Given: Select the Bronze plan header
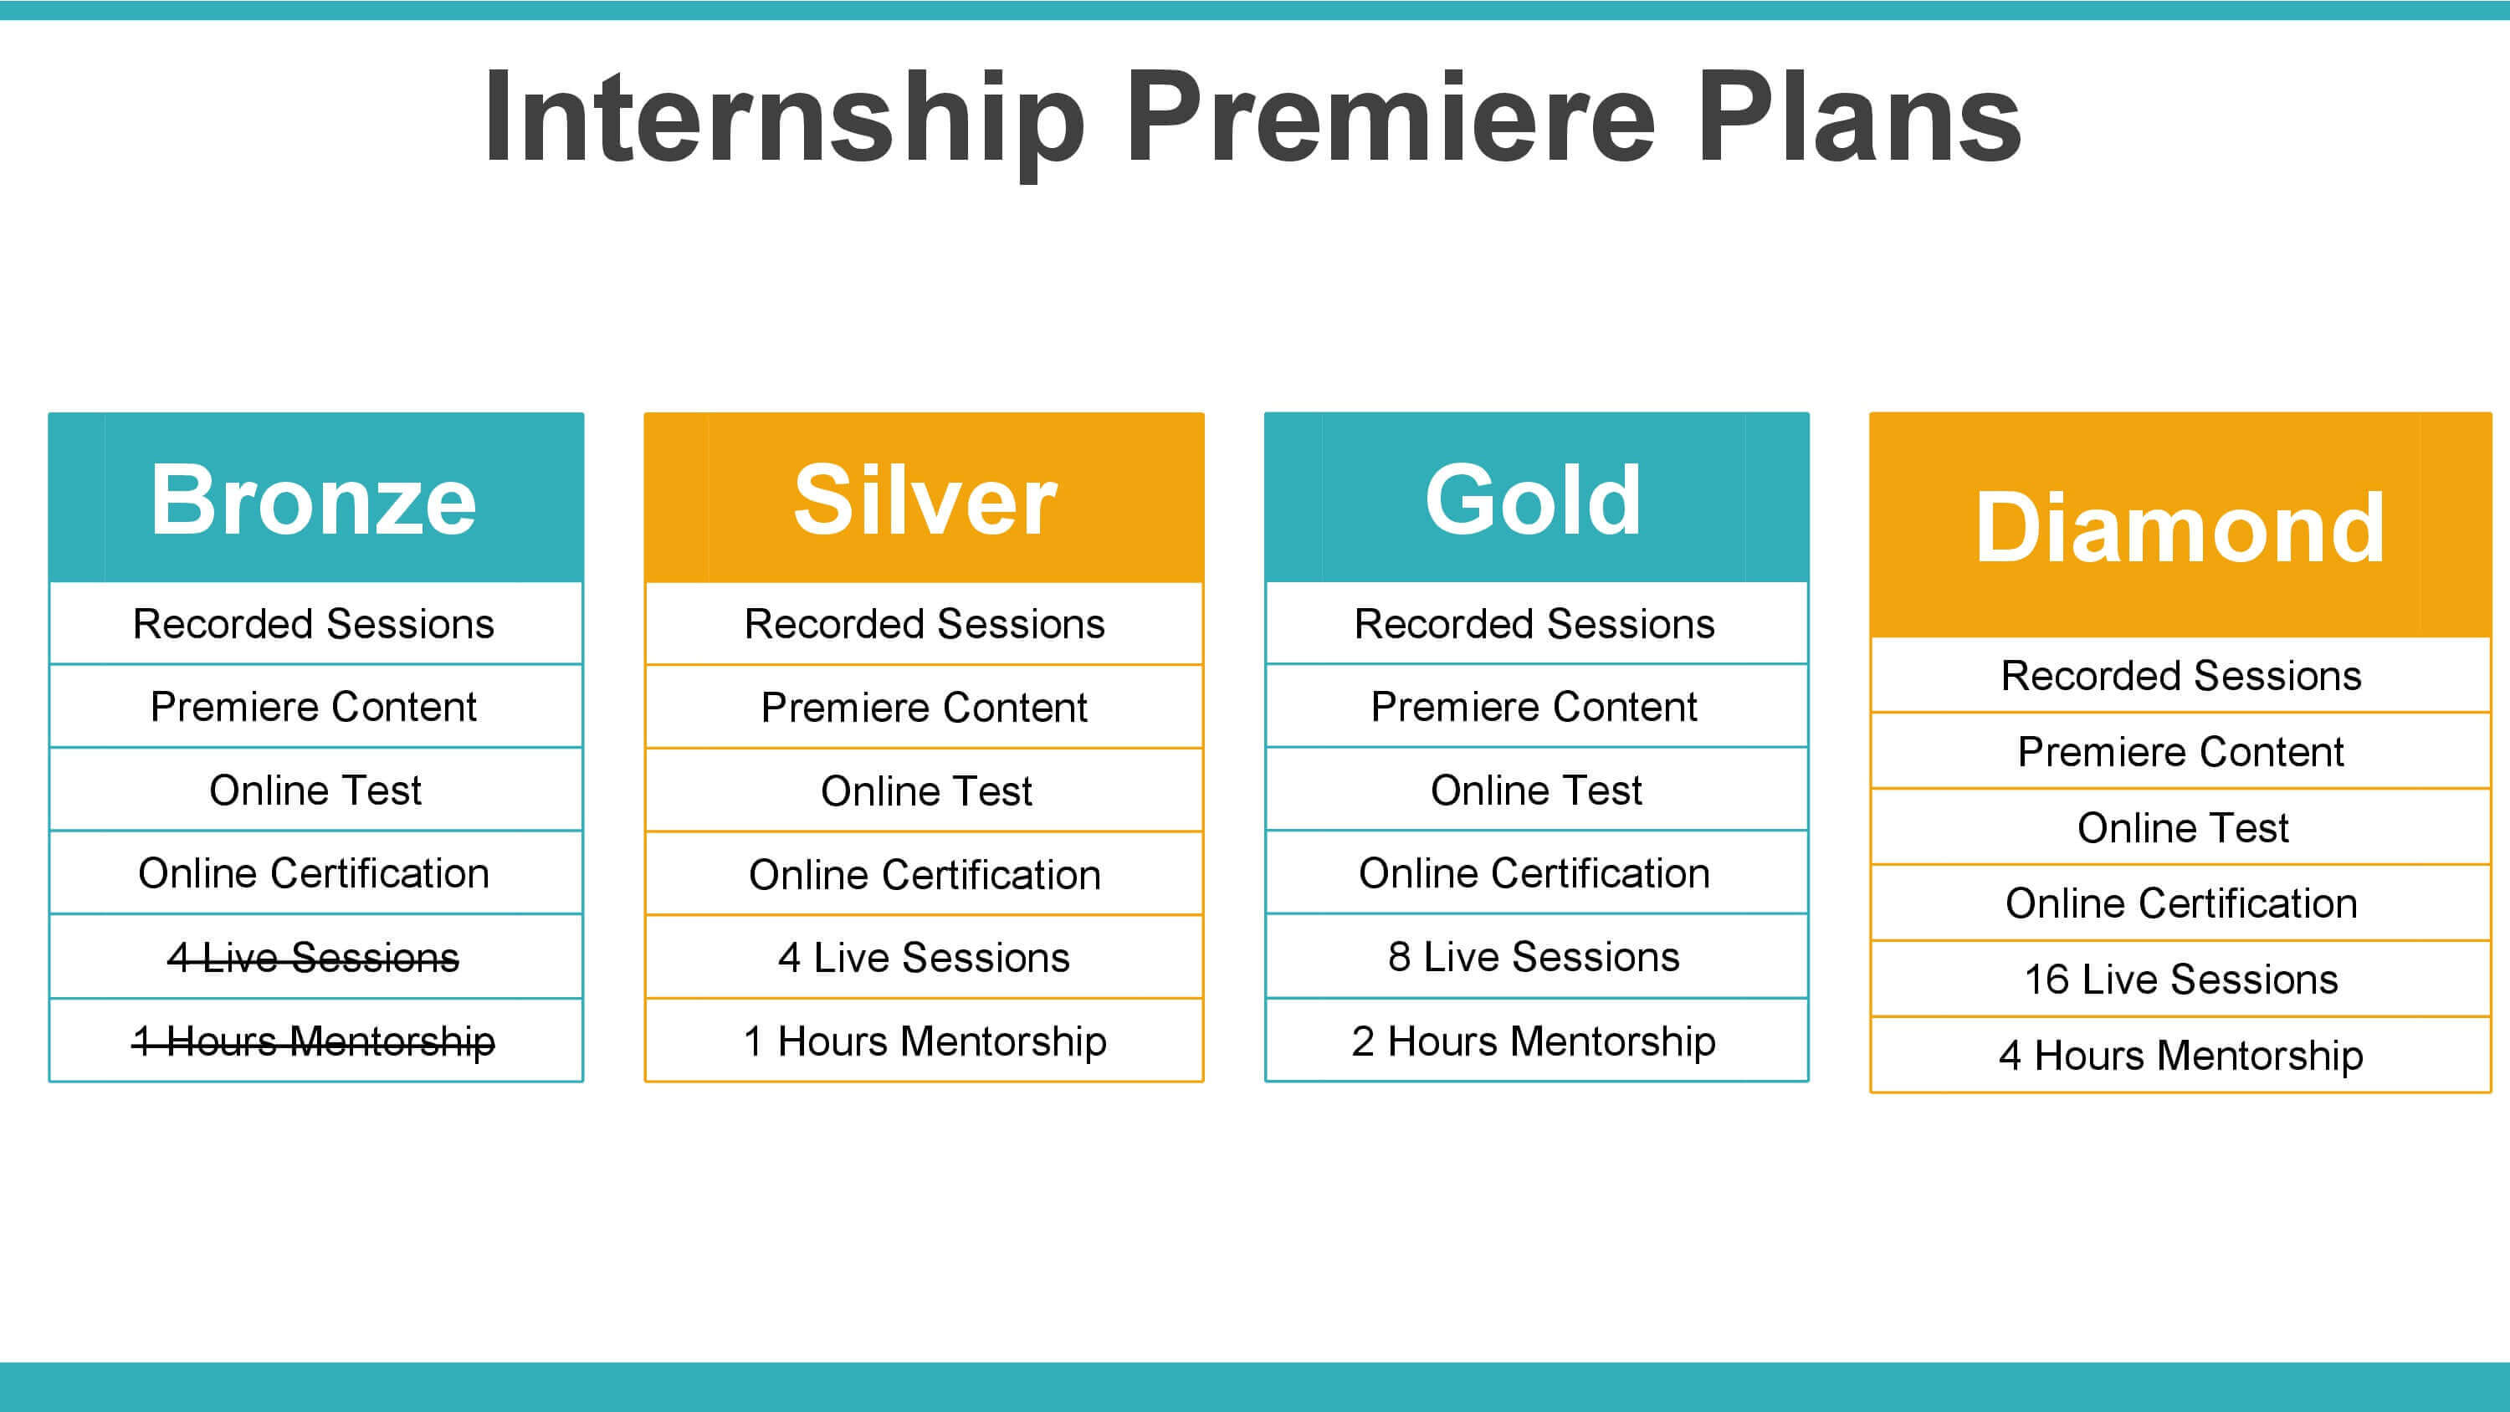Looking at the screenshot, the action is tap(315, 497).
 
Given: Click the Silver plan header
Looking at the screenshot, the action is tap(924, 497).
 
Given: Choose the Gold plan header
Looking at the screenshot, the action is tap(1537, 497).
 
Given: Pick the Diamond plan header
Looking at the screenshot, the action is tap(2180, 525).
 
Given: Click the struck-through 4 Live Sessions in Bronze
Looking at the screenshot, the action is tap(314, 957).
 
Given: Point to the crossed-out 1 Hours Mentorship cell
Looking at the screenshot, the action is tap(314, 1041).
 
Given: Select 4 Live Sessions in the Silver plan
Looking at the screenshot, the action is tap(924, 957).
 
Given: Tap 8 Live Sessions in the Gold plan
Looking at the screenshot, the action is tap(1534, 957).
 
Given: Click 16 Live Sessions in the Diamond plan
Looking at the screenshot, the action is tap(2180, 979).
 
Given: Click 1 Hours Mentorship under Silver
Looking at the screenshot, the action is tap(924, 1041).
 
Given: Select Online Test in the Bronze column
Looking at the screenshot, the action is tap(315, 790).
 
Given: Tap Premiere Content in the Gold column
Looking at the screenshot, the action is tap(1534, 707).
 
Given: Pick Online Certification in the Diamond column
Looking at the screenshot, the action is tap(2180, 903).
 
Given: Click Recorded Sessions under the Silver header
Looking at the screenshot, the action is tap(924, 624).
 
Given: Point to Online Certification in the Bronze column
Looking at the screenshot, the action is tap(314, 873).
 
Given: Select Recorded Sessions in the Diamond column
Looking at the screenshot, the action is tap(2180, 675).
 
